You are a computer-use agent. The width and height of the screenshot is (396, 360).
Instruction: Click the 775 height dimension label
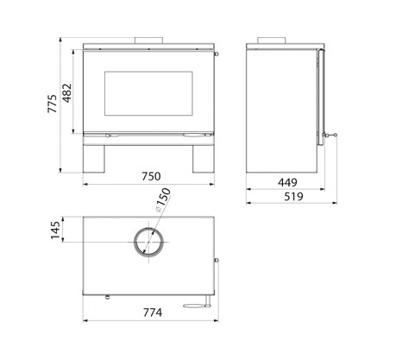coord(53,104)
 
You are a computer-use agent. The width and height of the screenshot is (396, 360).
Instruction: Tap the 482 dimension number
coord(67,93)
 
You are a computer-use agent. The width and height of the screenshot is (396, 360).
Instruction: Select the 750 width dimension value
coord(151,176)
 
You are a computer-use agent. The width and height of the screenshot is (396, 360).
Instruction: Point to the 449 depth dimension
coord(287,182)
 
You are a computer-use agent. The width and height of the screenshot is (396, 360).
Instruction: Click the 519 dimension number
coord(293,197)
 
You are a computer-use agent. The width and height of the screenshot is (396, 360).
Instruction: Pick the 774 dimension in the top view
coord(153,313)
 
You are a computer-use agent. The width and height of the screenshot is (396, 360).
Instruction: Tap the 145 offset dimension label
coord(55,230)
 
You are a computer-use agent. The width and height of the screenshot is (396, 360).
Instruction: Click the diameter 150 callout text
coord(163,200)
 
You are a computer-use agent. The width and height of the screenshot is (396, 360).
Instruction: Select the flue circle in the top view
coord(148,227)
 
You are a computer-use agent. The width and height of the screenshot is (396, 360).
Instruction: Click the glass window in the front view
coord(148,93)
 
